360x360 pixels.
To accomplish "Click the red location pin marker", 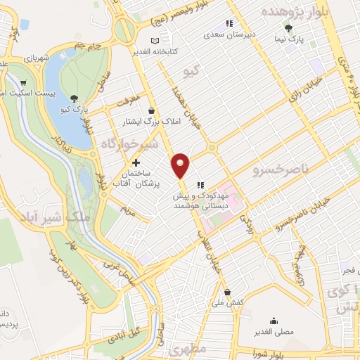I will tap(181, 165).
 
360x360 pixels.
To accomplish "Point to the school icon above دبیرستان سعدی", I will tap(229, 23).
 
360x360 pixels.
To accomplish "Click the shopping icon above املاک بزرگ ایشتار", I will tap(152, 110).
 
